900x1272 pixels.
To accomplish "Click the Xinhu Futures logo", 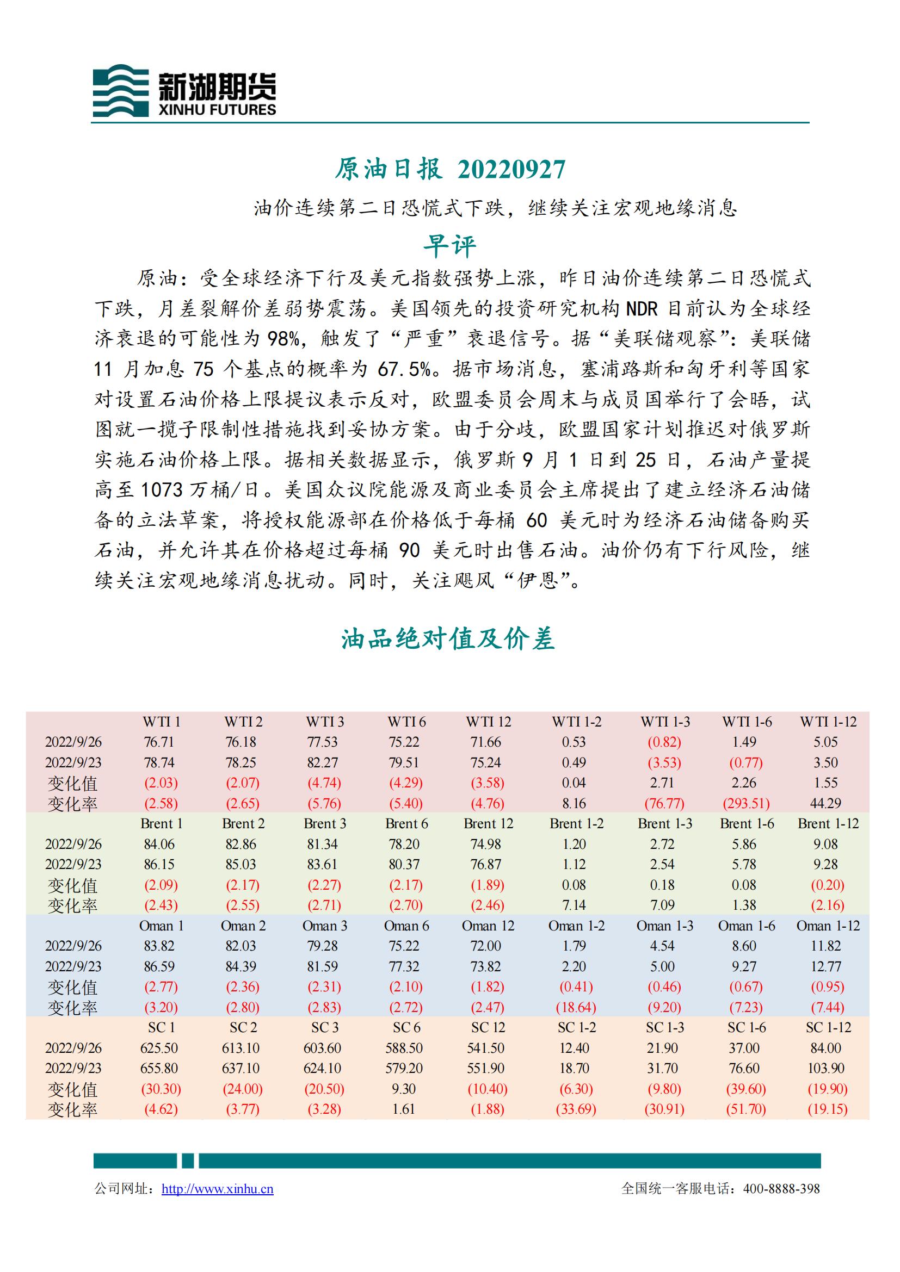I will (184, 90).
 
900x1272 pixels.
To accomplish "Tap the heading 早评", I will (449, 246).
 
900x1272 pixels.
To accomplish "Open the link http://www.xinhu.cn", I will (217, 1188).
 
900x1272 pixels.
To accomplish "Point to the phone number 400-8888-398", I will (781, 1188).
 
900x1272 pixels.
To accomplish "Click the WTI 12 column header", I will (488, 722).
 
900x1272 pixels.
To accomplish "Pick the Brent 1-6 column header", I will (747, 824).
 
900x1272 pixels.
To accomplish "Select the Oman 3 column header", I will (325, 926).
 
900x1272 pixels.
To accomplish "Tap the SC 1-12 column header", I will (828, 1028).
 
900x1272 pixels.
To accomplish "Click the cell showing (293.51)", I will (747, 803).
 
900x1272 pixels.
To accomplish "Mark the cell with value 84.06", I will (159, 845).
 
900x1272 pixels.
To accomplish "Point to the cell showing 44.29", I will (826, 803).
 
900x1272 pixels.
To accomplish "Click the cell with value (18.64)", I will (576, 1007).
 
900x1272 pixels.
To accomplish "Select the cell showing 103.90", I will (826, 1068).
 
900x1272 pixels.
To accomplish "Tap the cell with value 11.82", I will (826, 946).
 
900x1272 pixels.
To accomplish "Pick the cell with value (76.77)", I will (664, 803).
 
